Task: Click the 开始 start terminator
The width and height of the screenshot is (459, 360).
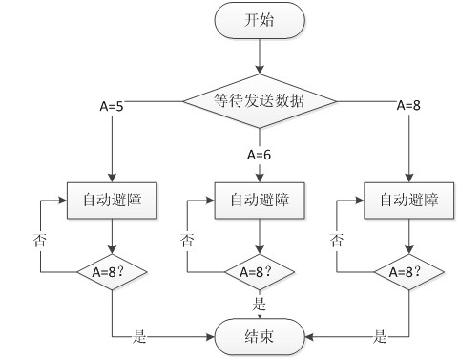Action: [x=260, y=21]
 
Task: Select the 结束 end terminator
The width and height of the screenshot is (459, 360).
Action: [x=260, y=335]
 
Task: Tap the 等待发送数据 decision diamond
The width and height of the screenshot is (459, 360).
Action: [x=260, y=98]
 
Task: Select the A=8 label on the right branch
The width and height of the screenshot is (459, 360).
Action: [x=409, y=104]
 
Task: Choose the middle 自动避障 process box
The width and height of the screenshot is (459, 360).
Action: [x=260, y=201]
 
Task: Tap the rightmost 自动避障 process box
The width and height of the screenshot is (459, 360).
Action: [x=408, y=201]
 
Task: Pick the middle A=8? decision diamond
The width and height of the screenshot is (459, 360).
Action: [x=260, y=270]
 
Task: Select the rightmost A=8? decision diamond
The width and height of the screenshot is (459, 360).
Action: [x=408, y=270]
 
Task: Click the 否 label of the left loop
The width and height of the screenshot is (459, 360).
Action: [x=39, y=240]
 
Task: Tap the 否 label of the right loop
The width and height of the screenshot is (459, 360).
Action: [x=337, y=240]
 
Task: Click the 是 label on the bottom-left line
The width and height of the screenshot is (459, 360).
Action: [x=139, y=335]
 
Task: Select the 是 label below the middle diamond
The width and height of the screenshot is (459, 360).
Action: [x=259, y=304]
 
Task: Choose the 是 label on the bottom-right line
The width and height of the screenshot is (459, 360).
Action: [x=380, y=335]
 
